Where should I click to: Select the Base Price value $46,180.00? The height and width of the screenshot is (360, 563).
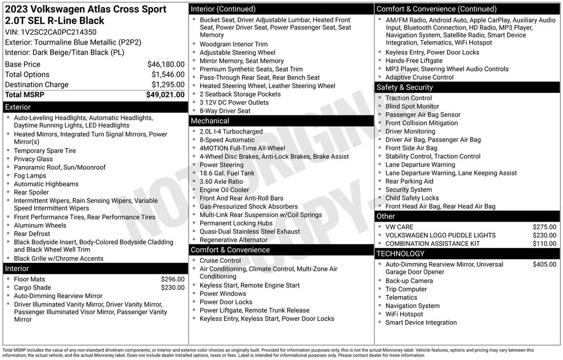pyautogui.click(x=165, y=64)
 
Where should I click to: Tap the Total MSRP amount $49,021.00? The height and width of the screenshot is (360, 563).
pyautogui.click(x=165, y=95)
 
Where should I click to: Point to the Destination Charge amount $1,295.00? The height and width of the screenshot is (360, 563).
pyautogui.click(x=168, y=85)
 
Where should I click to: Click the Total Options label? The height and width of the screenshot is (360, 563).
pyautogui.click(x=27, y=74)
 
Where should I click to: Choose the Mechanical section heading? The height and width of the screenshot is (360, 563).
pyautogui.click(x=210, y=121)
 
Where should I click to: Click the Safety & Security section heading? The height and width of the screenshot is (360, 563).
pyautogui.click(x=404, y=87)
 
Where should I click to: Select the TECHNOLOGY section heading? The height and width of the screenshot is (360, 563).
pyautogui.click(x=400, y=253)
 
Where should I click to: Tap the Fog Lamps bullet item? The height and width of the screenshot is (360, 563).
pyautogui.click(x=30, y=176)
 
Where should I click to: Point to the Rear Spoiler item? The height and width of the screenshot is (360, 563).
pyautogui.click(x=31, y=192)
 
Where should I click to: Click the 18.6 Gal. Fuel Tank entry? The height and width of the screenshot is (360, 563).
pyautogui.click(x=227, y=173)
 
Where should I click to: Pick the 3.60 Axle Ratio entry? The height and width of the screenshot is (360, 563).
pyautogui.click(x=221, y=181)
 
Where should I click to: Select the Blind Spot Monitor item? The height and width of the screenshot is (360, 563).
pyautogui.click(x=412, y=106)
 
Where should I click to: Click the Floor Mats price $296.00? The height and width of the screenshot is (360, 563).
pyautogui.click(x=173, y=279)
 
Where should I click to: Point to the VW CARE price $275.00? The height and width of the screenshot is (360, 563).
pyautogui.click(x=544, y=226)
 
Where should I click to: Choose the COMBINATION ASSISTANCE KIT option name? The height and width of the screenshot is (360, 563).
pyautogui.click(x=432, y=243)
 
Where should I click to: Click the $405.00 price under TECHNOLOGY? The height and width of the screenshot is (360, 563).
pyautogui.click(x=544, y=264)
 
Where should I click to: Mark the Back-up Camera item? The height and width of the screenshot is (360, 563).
pyautogui.click(x=409, y=281)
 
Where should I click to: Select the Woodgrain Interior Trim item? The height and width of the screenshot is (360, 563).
pyautogui.click(x=234, y=44)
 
